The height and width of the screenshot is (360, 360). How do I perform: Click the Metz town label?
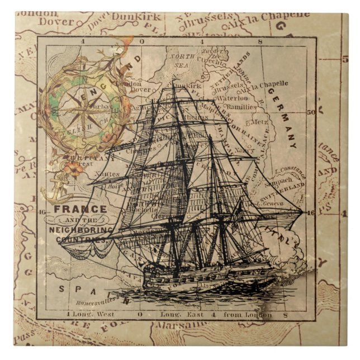[260, 122]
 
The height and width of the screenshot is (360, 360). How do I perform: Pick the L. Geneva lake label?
[271, 204]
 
